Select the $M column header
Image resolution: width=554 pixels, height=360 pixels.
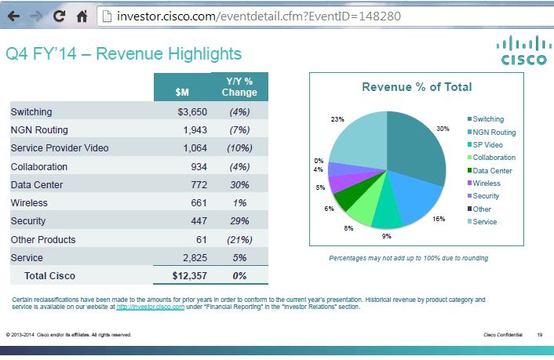click(x=181, y=92)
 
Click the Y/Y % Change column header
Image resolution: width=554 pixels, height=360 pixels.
click(x=239, y=86)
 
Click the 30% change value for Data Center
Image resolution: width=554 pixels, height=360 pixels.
click(x=239, y=184)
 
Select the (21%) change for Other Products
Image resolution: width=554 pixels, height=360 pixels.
click(x=239, y=239)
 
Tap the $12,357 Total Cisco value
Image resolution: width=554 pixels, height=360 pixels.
click(x=189, y=275)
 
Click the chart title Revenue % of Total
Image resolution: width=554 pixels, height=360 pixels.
click(x=416, y=87)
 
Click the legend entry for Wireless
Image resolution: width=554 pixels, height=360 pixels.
click(x=487, y=183)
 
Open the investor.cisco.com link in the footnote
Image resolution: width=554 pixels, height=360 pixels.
click(x=150, y=307)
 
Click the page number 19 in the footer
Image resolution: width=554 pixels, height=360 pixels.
click(x=540, y=335)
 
